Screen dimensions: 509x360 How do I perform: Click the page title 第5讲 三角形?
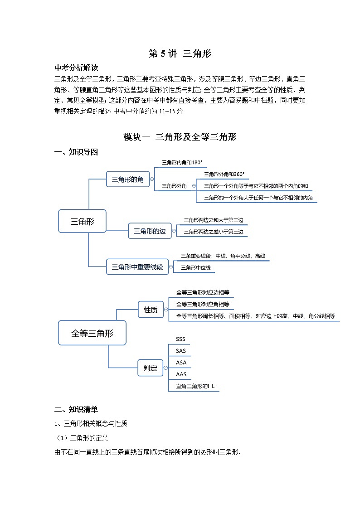pyautogui.click(x=180, y=53)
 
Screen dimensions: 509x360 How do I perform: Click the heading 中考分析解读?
pyautogui.click(x=76, y=68)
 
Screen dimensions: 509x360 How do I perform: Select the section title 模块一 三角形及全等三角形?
pyautogui.click(x=180, y=137)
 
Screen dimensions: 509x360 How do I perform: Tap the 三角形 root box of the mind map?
pyautogui.click(x=82, y=221)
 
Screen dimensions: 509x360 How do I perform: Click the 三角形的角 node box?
pyautogui.click(x=127, y=179)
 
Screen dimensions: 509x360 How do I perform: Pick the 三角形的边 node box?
pyautogui.click(x=150, y=231)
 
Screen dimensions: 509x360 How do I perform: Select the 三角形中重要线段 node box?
pyautogui.click(x=137, y=267)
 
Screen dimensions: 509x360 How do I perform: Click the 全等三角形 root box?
pyautogui.click(x=92, y=333)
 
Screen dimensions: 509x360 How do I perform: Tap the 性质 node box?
pyautogui.click(x=151, y=310)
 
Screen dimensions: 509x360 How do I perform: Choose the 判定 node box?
pyautogui.click(x=150, y=368)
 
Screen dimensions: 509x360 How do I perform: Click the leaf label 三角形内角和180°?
pyautogui.click(x=182, y=162)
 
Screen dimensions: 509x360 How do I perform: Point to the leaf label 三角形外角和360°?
pyautogui.click(x=224, y=174)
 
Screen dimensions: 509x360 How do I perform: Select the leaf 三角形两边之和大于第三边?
pyautogui.click(x=213, y=220)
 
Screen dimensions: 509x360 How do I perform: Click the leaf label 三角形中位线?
pyautogui.click(x=195, y=268)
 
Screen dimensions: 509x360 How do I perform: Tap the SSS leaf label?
pyautogui.click(x=180, y=339)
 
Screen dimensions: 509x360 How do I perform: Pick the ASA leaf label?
pyautogui.click(x=181, y=363)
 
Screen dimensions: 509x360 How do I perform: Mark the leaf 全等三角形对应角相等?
pyautogui.click(x=202, y=304)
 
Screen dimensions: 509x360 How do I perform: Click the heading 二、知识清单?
pyautogui.click(x=76, y=409)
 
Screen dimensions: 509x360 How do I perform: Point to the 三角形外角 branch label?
pyautogui.click(x=174, y=186)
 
